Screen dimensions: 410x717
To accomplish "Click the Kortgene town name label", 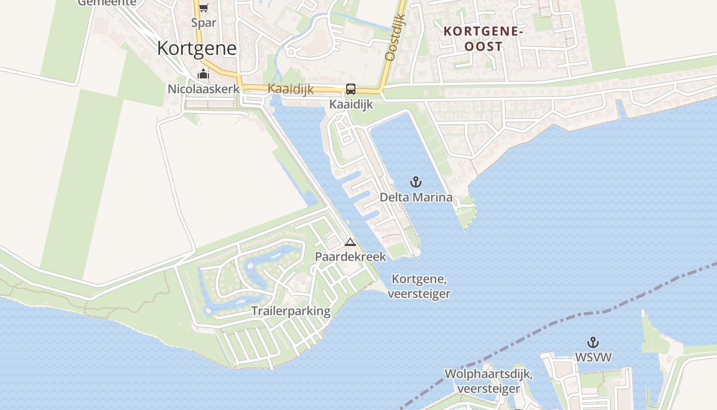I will tap(197, 48).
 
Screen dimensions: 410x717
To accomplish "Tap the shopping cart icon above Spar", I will tap(203, 8).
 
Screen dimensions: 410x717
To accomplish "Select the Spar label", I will tap(203, 23).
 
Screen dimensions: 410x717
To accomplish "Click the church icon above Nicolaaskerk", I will tap(203, 74).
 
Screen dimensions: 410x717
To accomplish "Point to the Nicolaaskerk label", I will tap(203, 89).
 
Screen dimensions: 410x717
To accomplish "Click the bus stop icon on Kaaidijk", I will tap(351, 89).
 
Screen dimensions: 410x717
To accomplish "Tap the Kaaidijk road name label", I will tap(290, 89).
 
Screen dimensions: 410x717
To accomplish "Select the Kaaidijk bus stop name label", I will tap(351, 105).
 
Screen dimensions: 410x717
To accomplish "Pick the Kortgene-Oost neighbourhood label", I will tap(483, 38).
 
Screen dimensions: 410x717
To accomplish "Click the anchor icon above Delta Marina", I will tap(416, 182).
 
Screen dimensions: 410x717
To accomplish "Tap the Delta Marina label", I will tap(416, 197).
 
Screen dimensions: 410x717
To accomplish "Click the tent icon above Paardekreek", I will tap(350, 242).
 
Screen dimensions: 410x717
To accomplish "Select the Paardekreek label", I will tap(350, 257).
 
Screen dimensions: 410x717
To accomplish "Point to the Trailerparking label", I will tap(290, 311).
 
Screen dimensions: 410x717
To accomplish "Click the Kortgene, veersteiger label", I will tap(419, 286).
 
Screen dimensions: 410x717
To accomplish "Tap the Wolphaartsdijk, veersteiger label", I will tap(488, 381).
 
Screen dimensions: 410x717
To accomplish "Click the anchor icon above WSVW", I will tap(593, 342).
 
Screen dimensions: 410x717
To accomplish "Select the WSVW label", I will tap(593, 357).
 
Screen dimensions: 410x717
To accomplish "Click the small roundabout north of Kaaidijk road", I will tap(291, 52).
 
